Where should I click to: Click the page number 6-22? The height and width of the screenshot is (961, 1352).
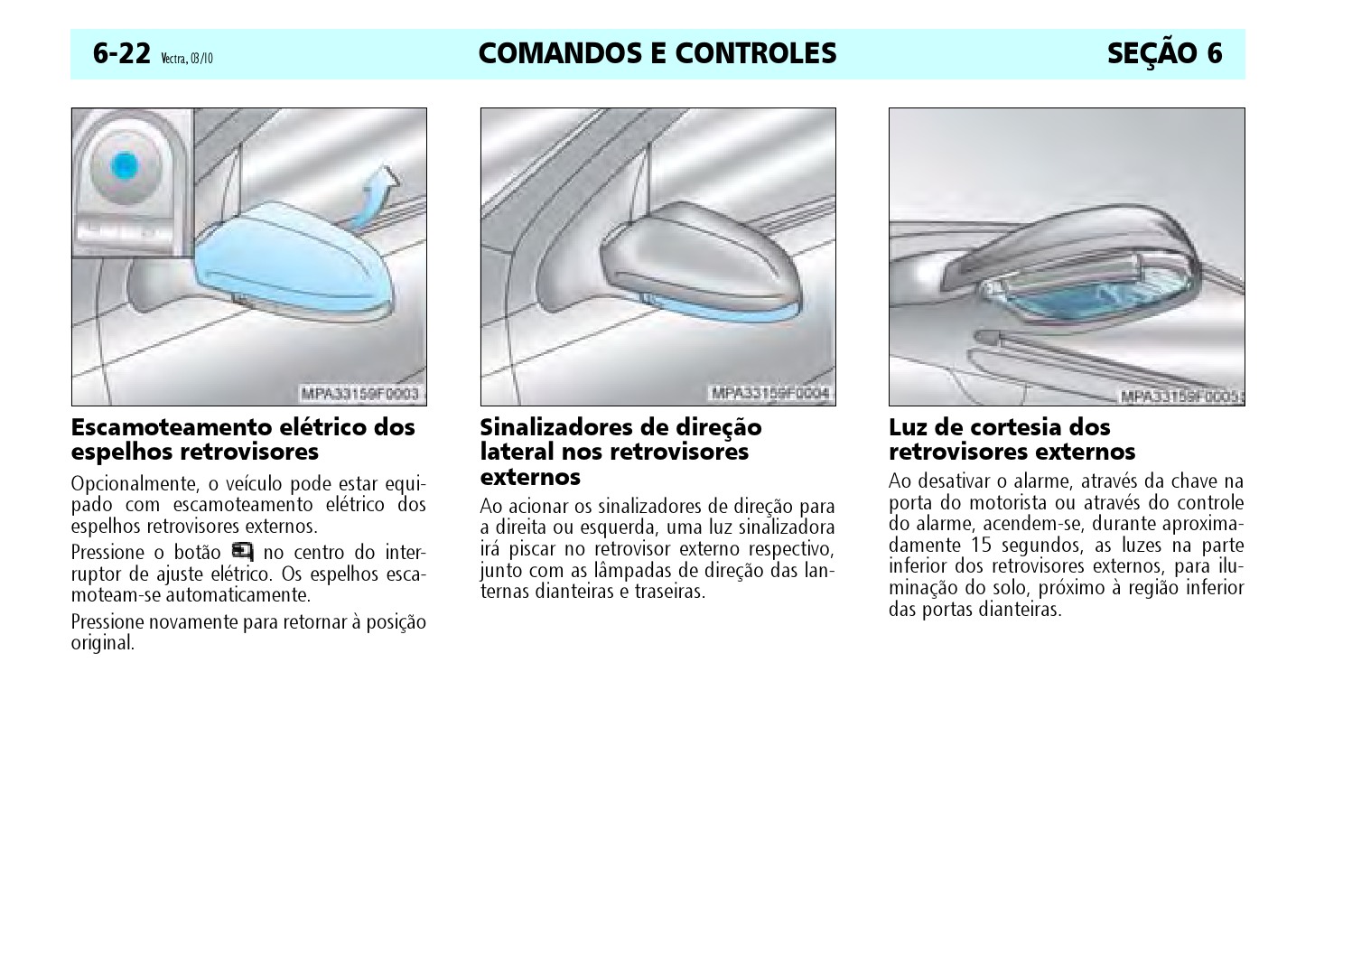point(121,54)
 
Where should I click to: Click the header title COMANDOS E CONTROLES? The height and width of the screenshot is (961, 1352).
point(657,54)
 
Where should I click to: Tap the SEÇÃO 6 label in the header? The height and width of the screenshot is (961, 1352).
point(1163,54)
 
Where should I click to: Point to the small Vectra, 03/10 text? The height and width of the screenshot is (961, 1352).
point(187,60)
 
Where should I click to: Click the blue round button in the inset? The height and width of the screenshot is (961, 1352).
point(124,165)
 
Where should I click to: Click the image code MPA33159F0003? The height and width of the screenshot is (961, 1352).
point(360,394)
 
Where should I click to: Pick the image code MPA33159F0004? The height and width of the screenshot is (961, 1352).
point(769,394)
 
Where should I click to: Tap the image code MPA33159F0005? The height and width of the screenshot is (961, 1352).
point(1179,397)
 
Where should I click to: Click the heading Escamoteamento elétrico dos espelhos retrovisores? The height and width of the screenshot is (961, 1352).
point(243,439)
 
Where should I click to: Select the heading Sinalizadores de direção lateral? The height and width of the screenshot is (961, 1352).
point(620,439)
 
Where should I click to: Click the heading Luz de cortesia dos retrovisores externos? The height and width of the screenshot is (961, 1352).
point(1012,439)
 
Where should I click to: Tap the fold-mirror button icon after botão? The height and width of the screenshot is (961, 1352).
point(242,551)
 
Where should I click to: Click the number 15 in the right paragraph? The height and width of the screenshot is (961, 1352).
point(984,546)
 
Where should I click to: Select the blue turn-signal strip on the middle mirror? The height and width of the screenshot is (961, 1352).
point(723,310)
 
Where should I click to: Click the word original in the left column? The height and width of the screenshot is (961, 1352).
point(102,644)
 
